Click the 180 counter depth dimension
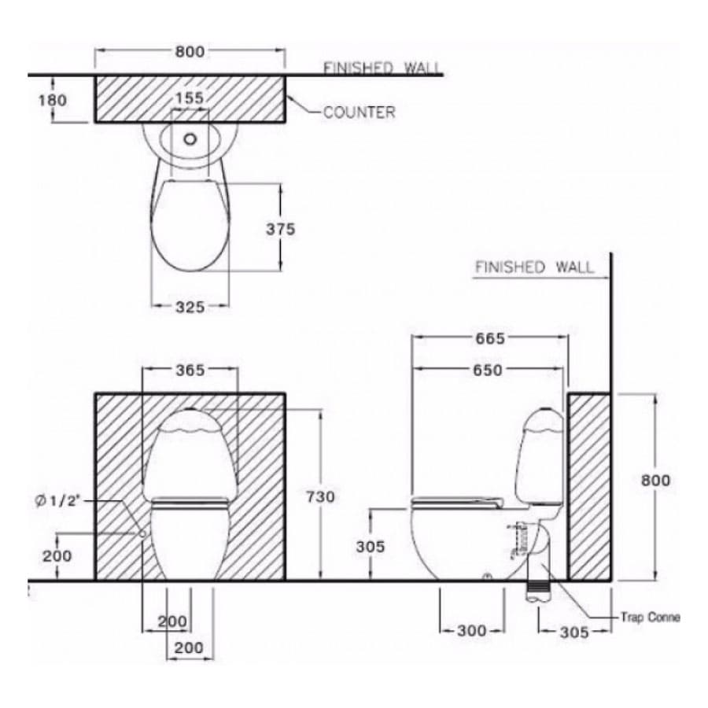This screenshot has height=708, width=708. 53,100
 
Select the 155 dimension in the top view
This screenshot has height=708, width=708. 190,98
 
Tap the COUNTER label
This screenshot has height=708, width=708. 359,112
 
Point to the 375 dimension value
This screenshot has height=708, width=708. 280,229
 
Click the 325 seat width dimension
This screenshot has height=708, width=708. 190,307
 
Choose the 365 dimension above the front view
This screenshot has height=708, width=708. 190,370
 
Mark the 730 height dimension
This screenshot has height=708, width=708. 320,496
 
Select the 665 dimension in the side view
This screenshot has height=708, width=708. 490,338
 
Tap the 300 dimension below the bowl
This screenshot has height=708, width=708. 473,630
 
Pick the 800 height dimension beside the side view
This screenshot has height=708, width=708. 655,480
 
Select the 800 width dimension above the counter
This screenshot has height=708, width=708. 190,52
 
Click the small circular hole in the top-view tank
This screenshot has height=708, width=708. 190,139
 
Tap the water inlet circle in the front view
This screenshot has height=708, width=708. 142,533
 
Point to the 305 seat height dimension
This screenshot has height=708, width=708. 370,547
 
